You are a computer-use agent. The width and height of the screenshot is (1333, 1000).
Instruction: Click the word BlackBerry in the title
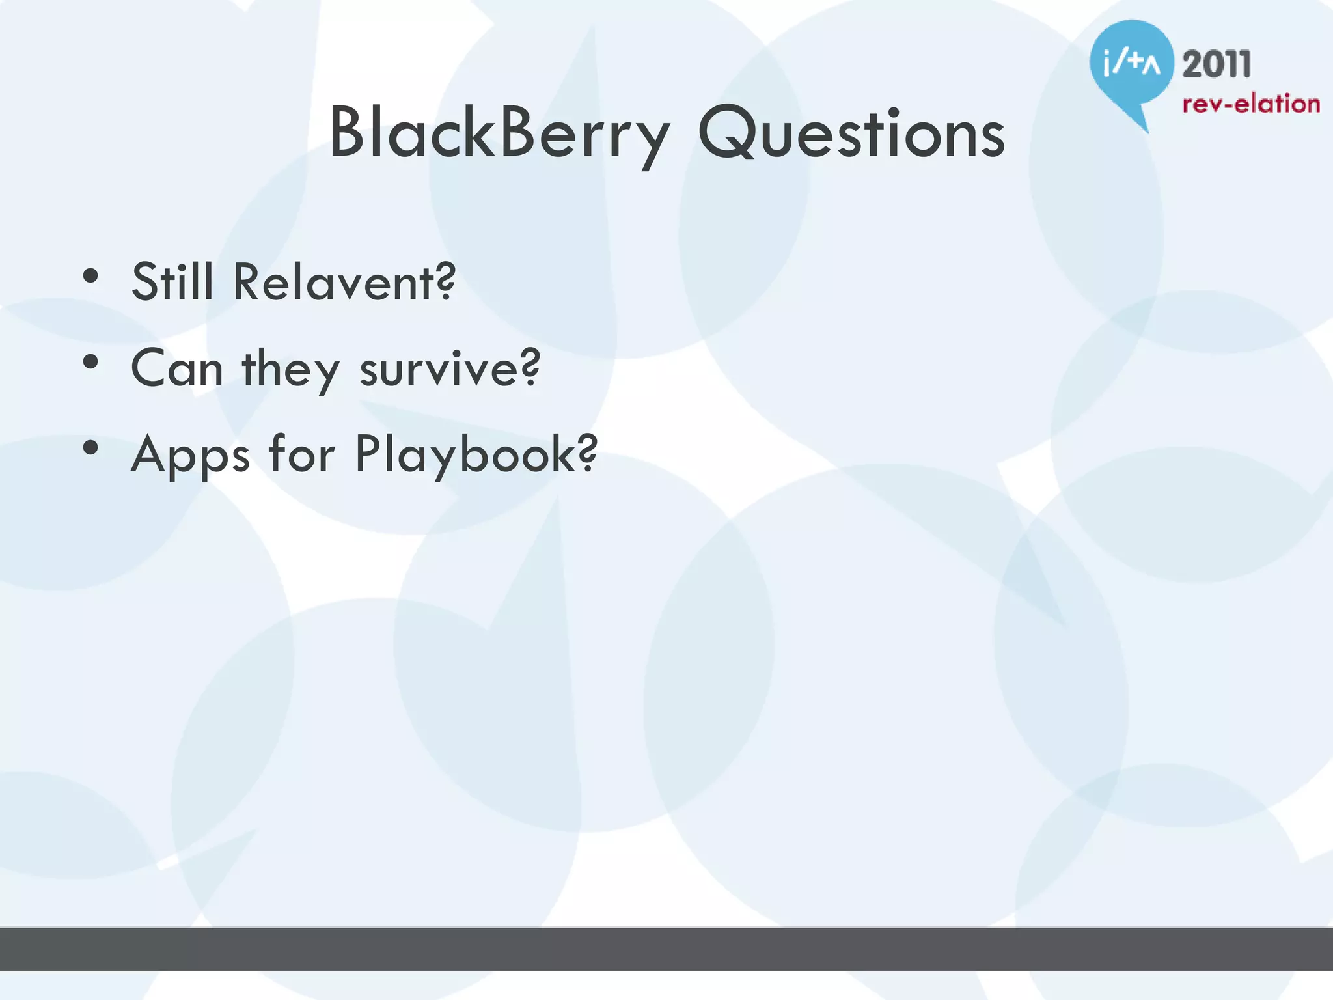tap(499, 133)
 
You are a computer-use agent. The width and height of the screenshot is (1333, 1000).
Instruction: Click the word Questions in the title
tap(851, 133)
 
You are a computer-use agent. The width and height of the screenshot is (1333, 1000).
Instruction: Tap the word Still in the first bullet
tap(172, 282)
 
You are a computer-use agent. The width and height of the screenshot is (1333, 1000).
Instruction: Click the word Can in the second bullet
tap(177, 368)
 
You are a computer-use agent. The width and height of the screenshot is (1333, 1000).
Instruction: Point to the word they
tap(290, 370)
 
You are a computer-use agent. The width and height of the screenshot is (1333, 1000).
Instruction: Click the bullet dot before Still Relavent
tap(90, 276)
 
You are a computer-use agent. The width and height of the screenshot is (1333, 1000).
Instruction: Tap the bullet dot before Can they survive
tap(90, 363)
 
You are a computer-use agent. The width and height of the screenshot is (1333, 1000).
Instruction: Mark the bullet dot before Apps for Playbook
tap(90, 448)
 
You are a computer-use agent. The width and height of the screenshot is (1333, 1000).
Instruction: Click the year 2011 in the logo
tap(1216, 65)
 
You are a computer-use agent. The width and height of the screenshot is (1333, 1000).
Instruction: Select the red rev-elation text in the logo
tap(1250, 104)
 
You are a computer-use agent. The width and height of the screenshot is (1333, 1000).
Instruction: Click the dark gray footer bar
tap(666, 949)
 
